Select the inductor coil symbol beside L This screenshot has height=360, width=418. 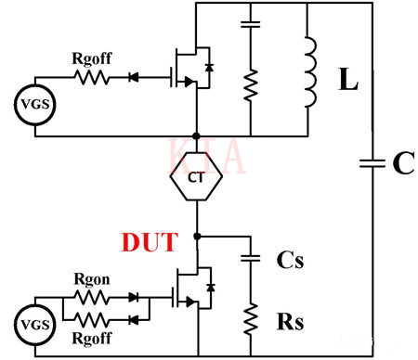pyautogui.click(x=308, y=71)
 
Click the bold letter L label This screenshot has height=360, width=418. pyautogui.click(x=347, y=81)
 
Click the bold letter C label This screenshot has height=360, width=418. pyautogui.click(x=402, y=164)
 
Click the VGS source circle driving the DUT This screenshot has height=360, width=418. pyautogui.click(x=33, y=325)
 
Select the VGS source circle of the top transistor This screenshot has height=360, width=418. pyautogui.click(x=33, y=106)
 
